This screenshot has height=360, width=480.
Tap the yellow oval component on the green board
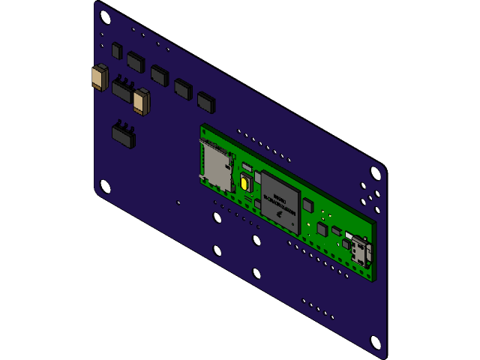244,183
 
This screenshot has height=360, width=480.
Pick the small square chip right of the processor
307,204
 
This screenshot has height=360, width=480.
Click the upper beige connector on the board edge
99,77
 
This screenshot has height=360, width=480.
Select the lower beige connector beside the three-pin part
141,101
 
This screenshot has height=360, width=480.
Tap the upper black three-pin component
123,91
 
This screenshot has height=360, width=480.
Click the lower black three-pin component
124,135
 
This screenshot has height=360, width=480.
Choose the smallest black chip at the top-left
116,50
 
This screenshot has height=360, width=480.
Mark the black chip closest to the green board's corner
205,102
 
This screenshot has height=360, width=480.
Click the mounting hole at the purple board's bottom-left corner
105,186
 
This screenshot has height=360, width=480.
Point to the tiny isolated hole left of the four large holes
178,202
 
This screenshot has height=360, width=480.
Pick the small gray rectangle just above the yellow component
247,166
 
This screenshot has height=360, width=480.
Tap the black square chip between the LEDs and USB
322,229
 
